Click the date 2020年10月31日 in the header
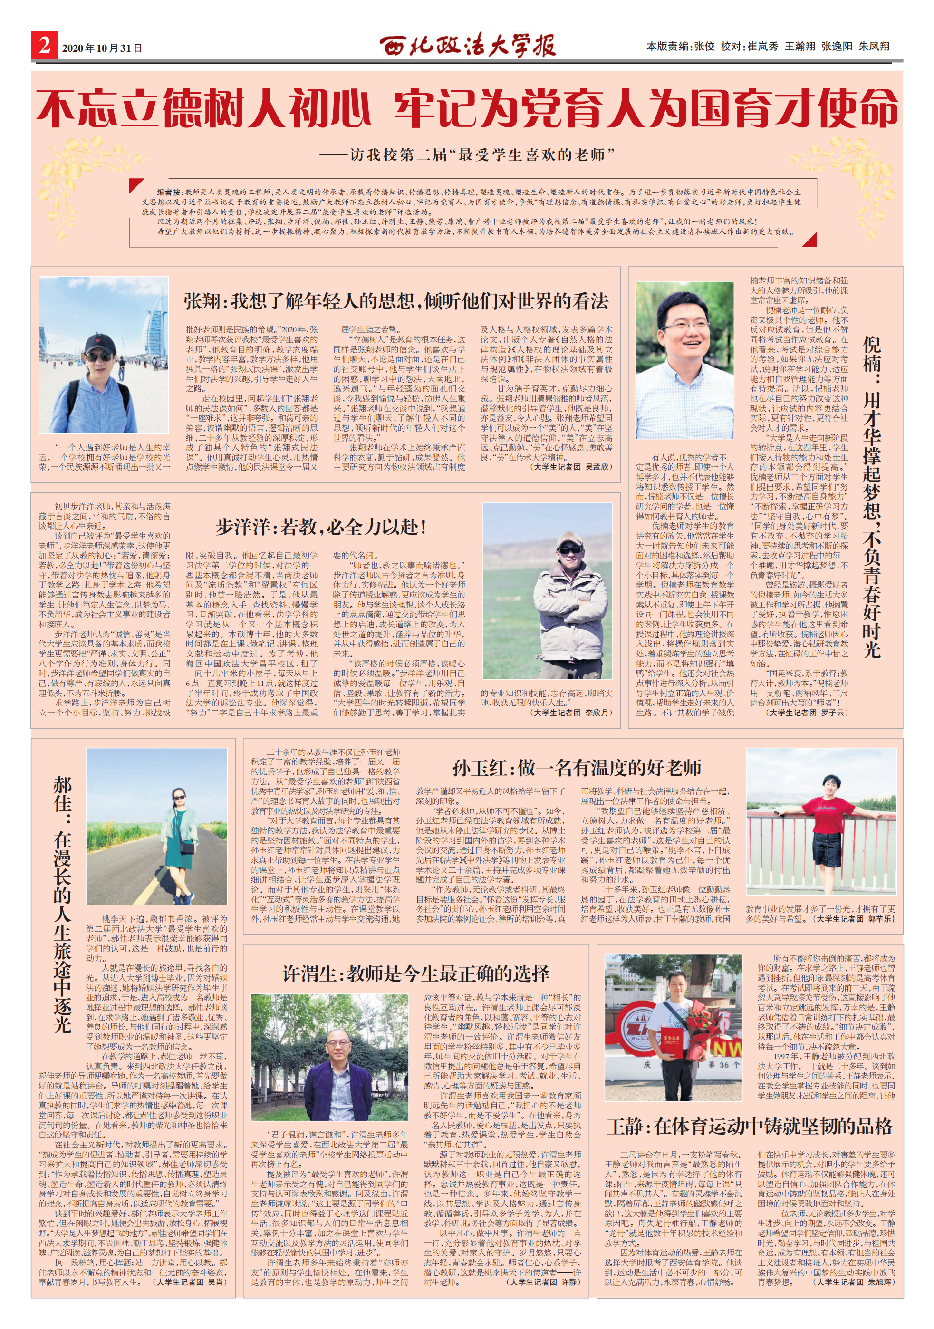pos(102,48)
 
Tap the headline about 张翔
pos(396,301)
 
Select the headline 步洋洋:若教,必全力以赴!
pos(321,527)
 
